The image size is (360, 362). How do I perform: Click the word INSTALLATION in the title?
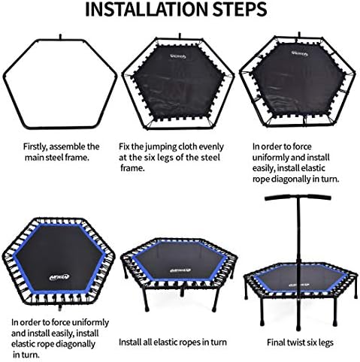pyautogui.click(x=147, y=10)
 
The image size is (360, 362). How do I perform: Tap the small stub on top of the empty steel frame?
pyautogui.click(x=60, y=37)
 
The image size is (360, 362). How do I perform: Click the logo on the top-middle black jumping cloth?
pyautogui.click(x=178, y=56)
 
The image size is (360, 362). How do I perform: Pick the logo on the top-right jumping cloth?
pyautogui.click(x=298, y=53)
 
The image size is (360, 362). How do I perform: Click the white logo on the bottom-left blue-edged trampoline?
pyautogui.click(x=59, y=276)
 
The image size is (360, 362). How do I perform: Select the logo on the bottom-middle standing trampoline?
pyautogui.click(x=180, y=270)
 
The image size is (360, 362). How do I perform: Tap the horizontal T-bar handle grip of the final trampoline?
pyautogui.click(x=298, y=198)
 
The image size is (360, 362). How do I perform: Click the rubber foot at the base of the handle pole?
pyautogui.click(x=298, y=326)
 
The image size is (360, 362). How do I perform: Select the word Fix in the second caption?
pyautogui.click(x=123, y=146)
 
